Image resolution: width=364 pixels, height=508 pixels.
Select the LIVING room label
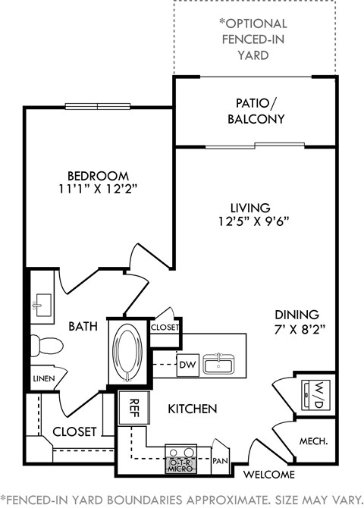(x=251, y=207)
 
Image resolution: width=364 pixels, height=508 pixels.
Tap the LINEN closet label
(x=42, y=378)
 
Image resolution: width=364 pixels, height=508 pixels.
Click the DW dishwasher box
(x=187, y=365)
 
